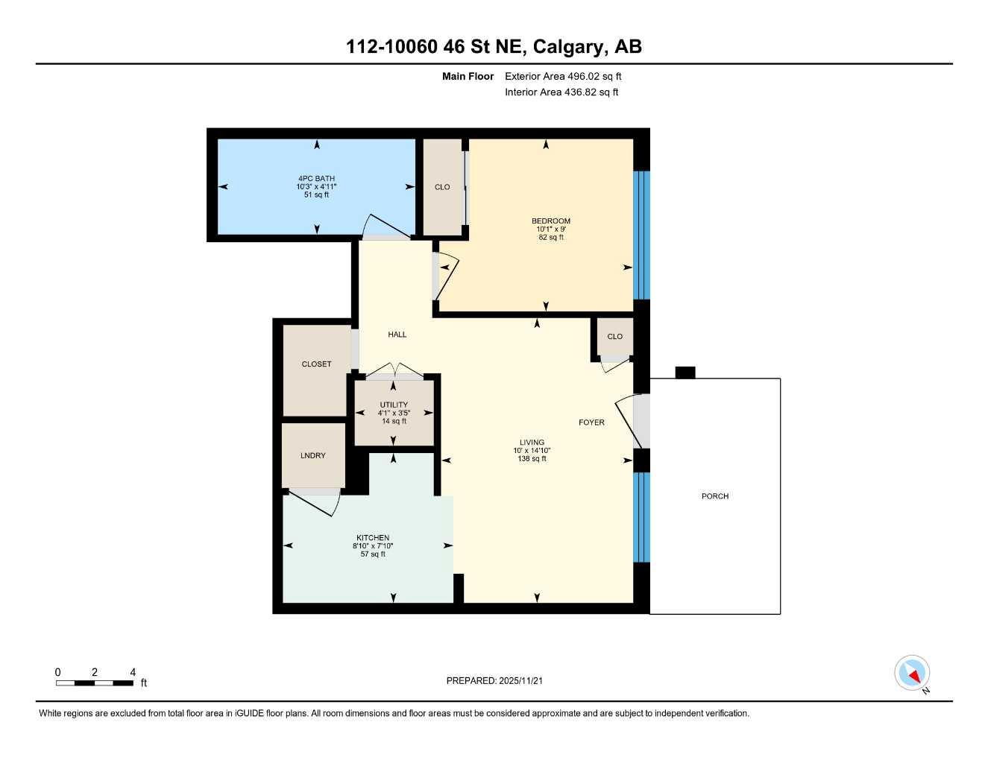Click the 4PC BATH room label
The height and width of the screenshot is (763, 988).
pos(316,179)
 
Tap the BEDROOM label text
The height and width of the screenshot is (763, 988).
pos(551,221)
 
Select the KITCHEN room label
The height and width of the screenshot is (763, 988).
pos(373,538)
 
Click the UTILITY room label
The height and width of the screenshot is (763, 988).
pos(394,405)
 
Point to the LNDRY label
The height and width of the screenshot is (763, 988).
pos(313,456)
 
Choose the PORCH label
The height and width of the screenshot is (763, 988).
pos(715,496)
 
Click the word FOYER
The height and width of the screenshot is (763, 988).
pos(591,422)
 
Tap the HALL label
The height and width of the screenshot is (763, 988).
pos(397,335)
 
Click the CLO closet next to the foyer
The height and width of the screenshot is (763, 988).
pos(614,337)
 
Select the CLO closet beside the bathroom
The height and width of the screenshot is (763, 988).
pos(442,187)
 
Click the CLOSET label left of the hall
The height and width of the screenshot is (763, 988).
pos(316,364)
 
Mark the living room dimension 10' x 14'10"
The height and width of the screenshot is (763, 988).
pos(532,451)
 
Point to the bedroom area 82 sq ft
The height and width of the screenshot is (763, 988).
pos(551,238)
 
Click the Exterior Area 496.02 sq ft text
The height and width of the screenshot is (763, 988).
pos(563,76)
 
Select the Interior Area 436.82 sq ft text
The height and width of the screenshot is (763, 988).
pos(561,92)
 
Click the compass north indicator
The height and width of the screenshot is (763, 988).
pos(913,674)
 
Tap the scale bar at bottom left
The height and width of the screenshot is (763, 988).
pos(95,683)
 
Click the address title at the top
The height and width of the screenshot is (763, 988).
pos(494,47)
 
